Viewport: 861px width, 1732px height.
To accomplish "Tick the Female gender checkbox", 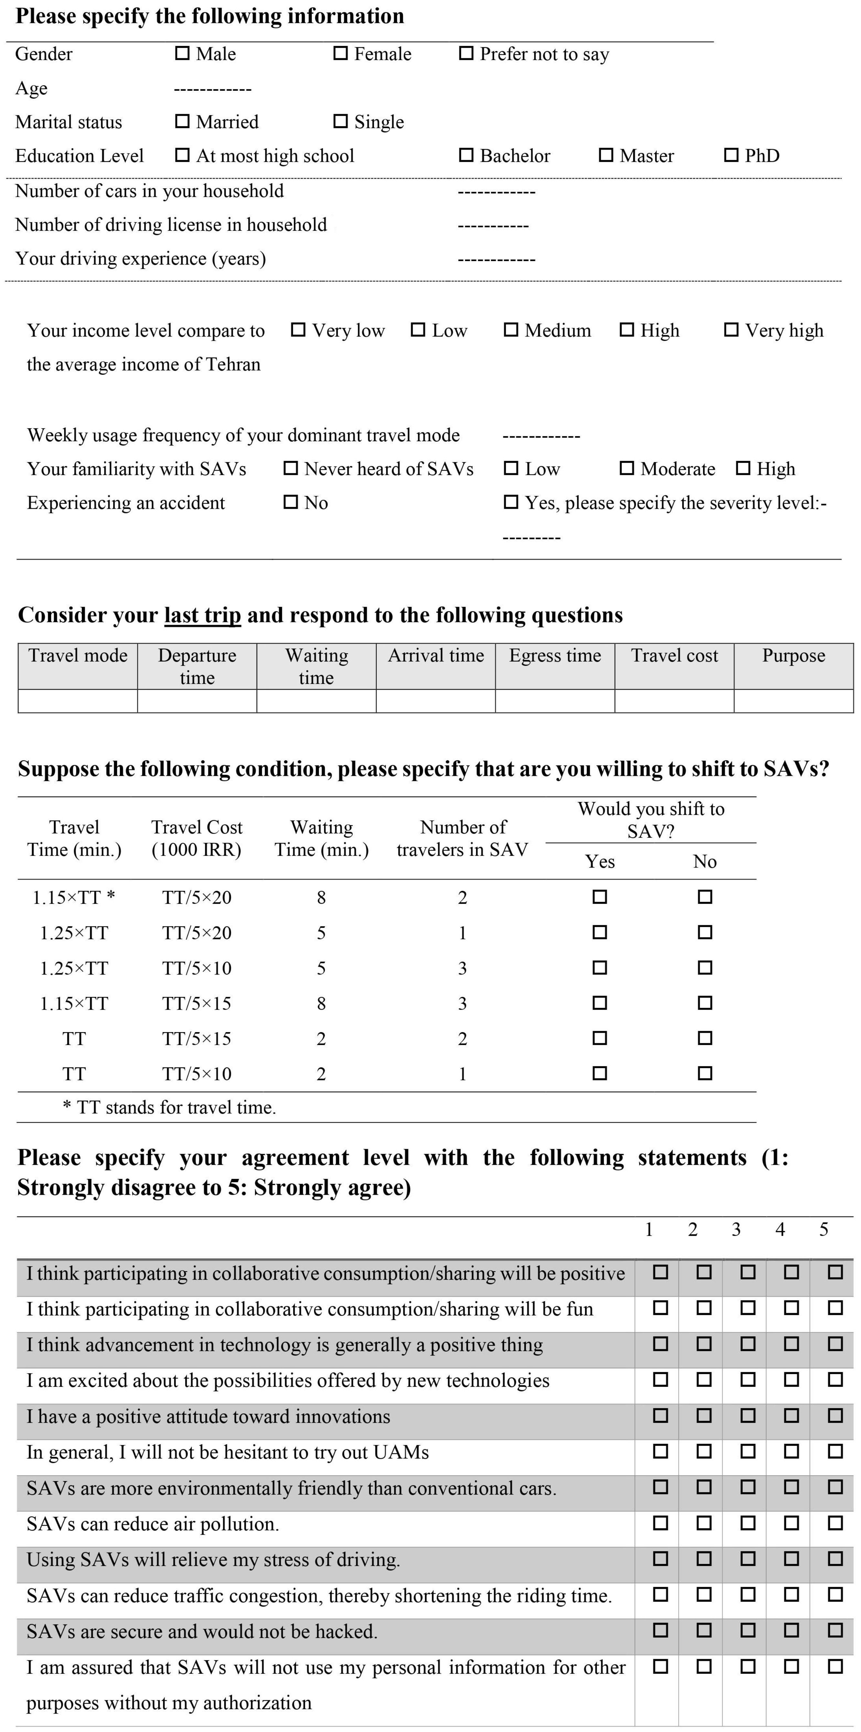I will click(x=341, y=53).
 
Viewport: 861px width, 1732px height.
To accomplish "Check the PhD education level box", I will click(x=731, y=155).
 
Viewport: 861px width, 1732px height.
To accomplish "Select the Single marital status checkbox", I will click(x=341, y=121).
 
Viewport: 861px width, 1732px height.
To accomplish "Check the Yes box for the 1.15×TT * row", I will click(x=600, y=897).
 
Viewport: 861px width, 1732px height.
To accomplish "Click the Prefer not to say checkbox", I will click(x=466, y=53).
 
